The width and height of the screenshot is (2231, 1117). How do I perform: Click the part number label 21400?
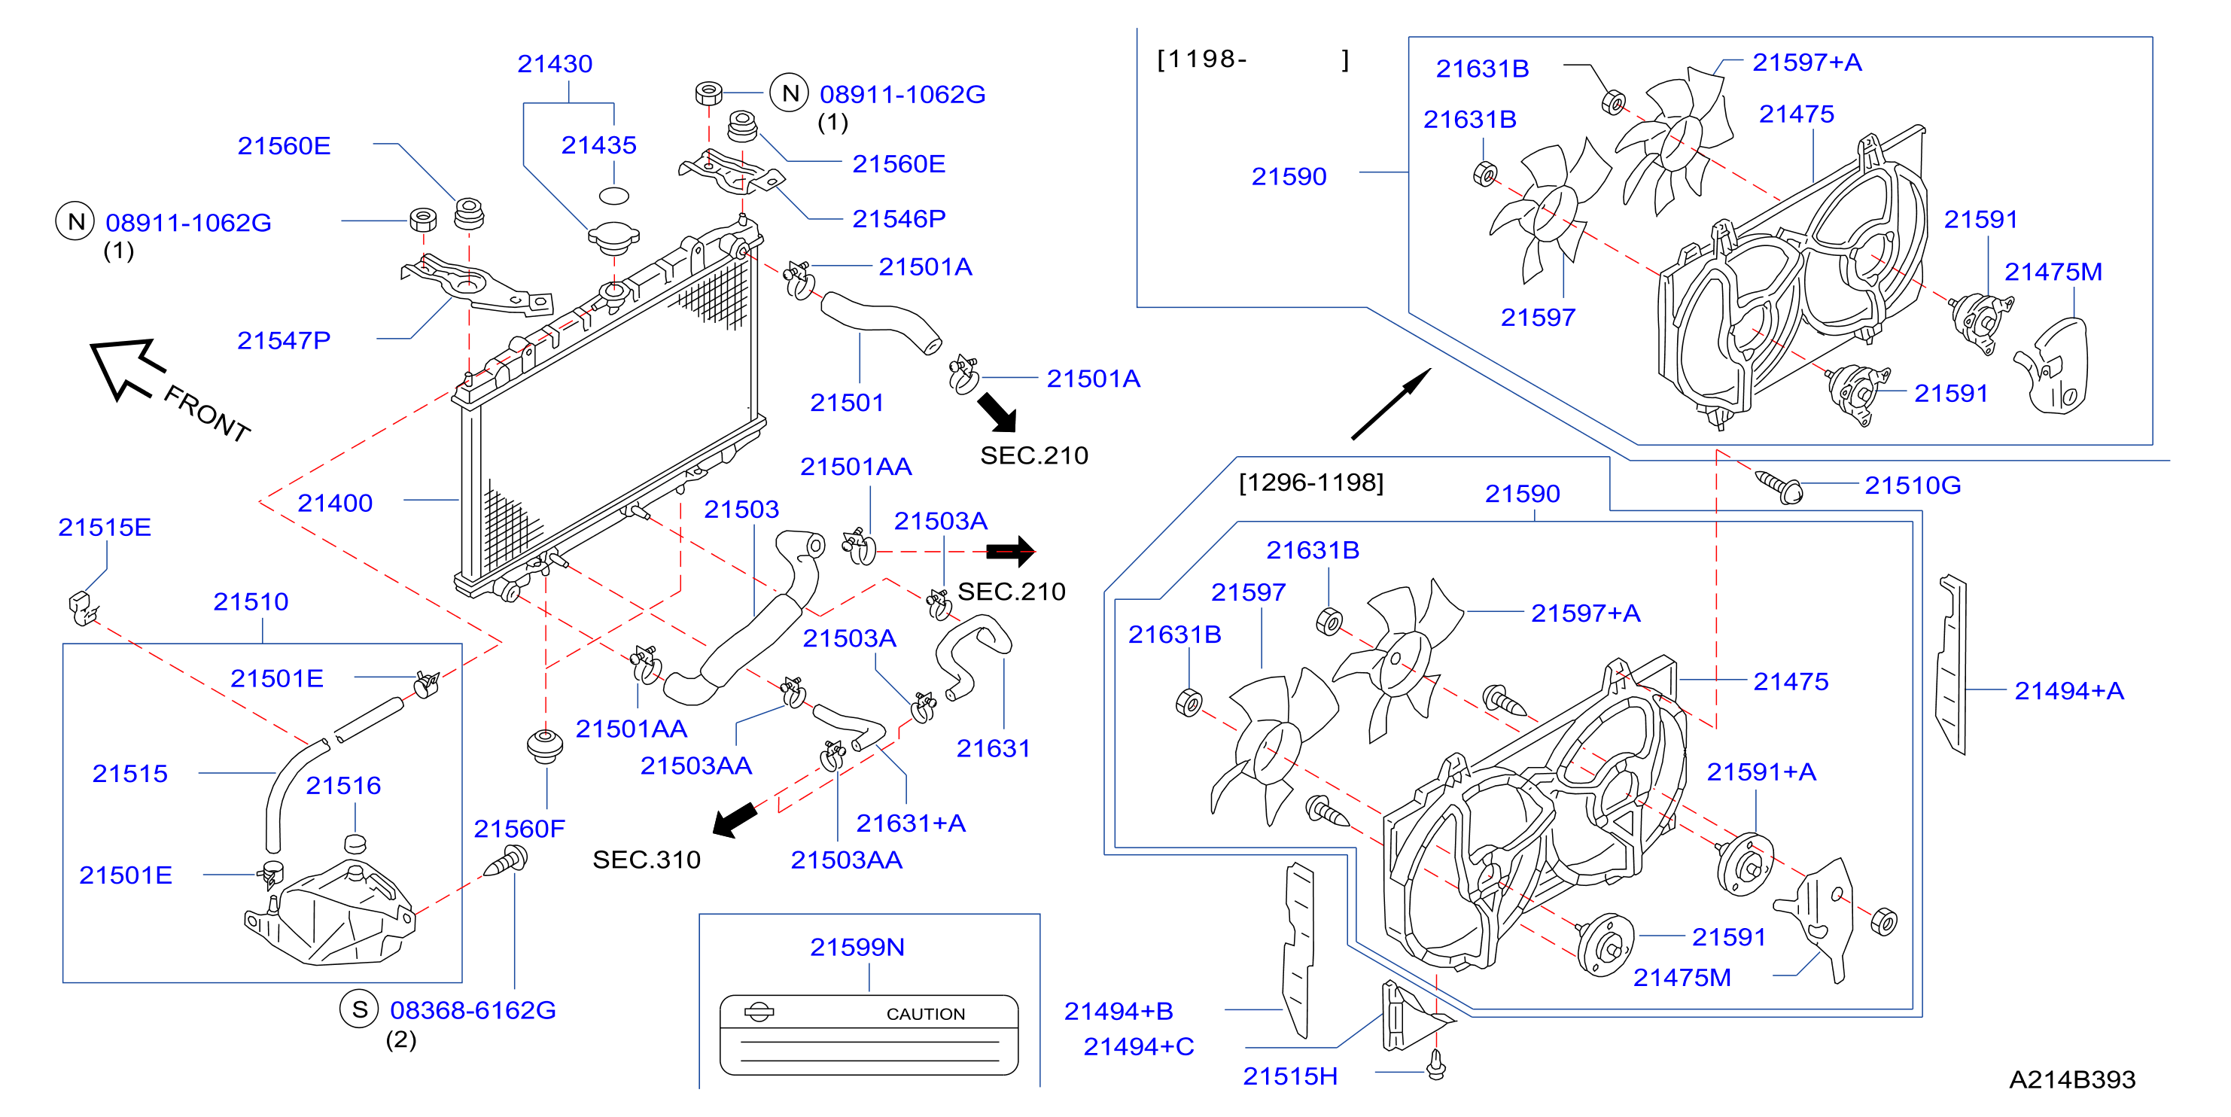(x=334, y=503)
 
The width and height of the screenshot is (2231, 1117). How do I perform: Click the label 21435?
(x=598, y=145)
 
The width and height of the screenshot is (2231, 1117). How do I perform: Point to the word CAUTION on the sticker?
(x=925, y=1014)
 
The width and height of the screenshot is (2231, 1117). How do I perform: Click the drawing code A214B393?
(x=2071, y=1080)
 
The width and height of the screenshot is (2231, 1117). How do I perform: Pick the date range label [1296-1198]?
(x=1311, y=482)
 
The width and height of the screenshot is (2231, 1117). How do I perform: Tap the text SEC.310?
(x=646, y=860)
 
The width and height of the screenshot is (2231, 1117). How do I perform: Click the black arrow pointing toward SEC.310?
(x=735, y=819)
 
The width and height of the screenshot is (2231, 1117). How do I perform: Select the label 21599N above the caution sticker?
(x=857, y=948)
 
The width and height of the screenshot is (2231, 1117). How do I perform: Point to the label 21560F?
(x=519, y=829)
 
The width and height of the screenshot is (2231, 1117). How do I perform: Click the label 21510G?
(x=1913, y=485)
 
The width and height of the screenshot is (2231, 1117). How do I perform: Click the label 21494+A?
(x=2068, y=691)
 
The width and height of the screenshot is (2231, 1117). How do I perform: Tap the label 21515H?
(x=1289, y=1076)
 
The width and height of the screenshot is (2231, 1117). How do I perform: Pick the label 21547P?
(x=284, y=340)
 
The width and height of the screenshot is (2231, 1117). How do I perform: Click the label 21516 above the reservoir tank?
(x=343, y=785)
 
